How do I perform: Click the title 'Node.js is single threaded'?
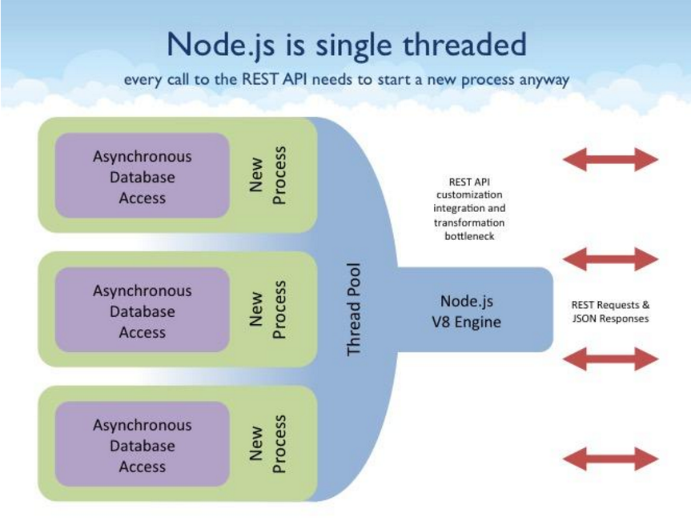point(346,44)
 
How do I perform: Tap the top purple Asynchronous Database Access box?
point(142,177)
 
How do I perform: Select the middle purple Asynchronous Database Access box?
point(142,311)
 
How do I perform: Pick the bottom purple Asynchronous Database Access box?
point(142,446)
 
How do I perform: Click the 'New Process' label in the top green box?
point(267,175)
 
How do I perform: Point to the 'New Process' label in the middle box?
point(267,310)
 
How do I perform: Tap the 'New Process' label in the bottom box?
point(267,444)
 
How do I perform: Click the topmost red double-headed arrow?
point(610,159)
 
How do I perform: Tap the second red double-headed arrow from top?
point(610,258)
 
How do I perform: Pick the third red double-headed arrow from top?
point(610,359)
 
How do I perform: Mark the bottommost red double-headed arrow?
point(610,459)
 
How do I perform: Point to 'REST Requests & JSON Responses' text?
point(610,311)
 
